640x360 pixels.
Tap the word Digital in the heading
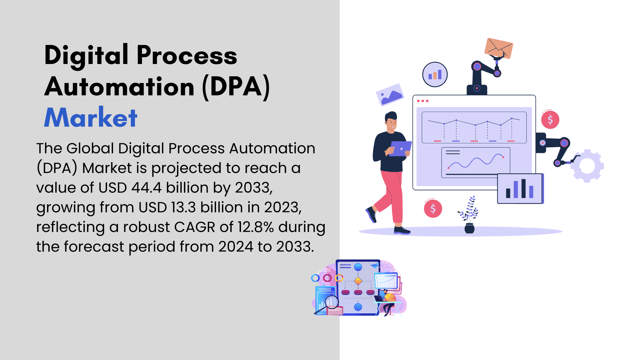pyautogui.click(x=86, y=55)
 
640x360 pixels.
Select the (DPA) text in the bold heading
pyautogui.click(x=236, y=87)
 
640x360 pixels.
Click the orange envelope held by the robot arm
pyautogui.click(x=499, y=48)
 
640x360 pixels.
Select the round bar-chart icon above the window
pyautogui.click(x=435, y=75)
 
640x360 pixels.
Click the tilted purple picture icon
pyautogui.click(x=390, y=95)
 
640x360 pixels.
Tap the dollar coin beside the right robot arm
pyautogui.click(x=550, y=120)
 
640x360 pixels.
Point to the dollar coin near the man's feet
pyautogui.click(x=433, y=209)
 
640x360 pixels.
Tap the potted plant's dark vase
pyautogui.click(x=469, y=229)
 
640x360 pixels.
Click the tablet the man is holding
pyautogui.click(x=400, y=149)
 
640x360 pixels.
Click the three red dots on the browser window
pyautogui.click(x=423, y=101)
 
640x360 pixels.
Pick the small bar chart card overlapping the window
pyautogui.click(x=520, y=189)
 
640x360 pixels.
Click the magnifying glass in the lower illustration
pyautogui.click(x=328, y=304)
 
